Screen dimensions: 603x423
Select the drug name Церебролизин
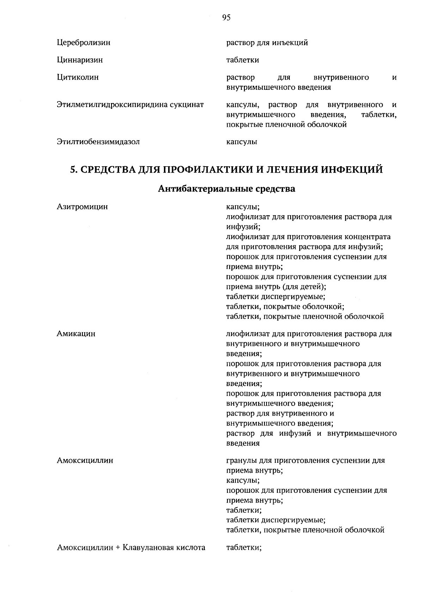point(84,43)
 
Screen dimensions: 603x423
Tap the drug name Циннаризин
point(80,60)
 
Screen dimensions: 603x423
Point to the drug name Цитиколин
point(78,77)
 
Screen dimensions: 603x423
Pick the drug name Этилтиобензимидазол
point(98,142)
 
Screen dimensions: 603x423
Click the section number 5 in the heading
point(73,170)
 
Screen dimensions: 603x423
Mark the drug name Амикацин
point(76,334)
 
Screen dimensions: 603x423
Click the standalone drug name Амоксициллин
point(85,460)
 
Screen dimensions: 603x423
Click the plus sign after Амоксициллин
point(118,548)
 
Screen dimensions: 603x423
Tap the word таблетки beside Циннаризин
point(243,60)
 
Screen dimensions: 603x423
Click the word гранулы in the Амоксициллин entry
point(241,460)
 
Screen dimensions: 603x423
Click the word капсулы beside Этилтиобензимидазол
point(242,142)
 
